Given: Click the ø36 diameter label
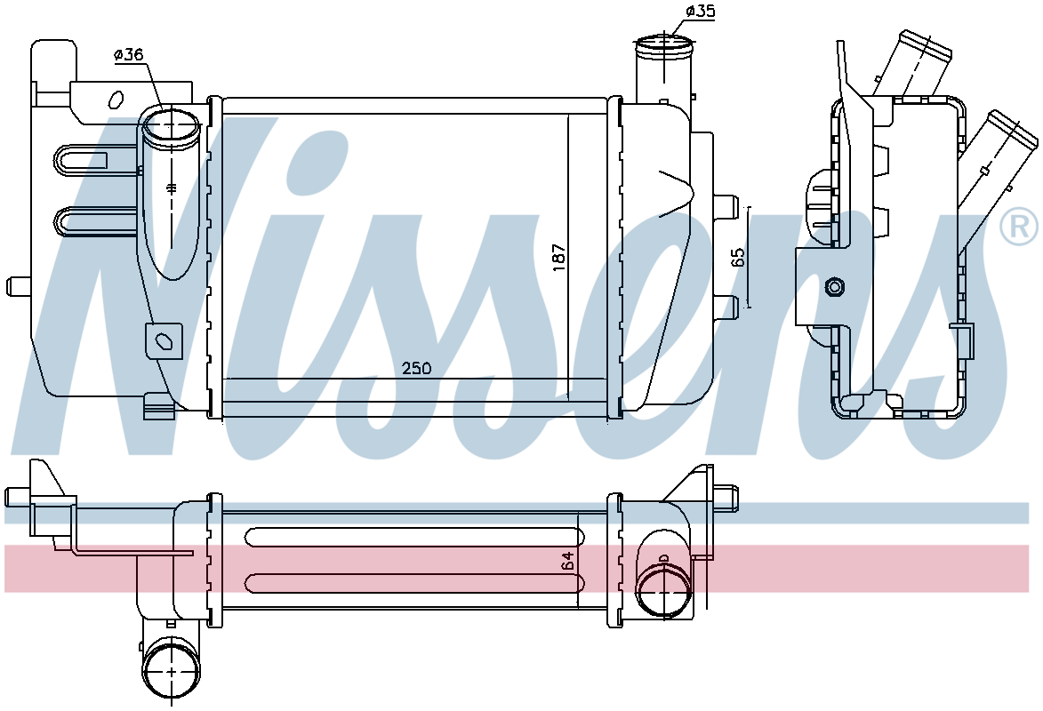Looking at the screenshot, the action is click(x=128, y=55).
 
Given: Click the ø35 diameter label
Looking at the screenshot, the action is click(x=700, y=12).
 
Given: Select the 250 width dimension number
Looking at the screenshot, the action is click(x=417, y=368).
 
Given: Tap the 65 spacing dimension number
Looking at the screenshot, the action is click(x=738, y=258).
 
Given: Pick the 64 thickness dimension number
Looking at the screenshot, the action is click(x=567, y=561).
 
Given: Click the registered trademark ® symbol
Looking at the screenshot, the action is click(x=1018, y=226).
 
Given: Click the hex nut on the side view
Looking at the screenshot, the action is click(x=833, y=287).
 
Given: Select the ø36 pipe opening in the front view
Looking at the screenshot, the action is click(x=172, y=125).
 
